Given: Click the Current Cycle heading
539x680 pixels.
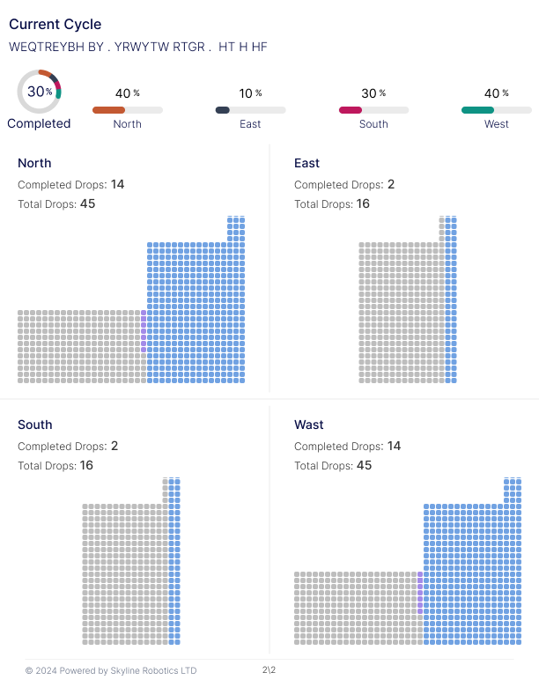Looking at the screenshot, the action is tap(55, 25).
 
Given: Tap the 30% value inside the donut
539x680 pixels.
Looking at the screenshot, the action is tap(40, 92).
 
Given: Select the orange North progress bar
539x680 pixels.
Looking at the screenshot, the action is tap(109, 110).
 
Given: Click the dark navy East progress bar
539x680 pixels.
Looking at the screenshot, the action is tap(223, 110).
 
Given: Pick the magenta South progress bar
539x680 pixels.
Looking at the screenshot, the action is tap(351, 110).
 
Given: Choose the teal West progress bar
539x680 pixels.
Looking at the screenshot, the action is tap(478, 110).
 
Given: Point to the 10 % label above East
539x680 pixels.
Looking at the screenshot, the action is tap(250, 93).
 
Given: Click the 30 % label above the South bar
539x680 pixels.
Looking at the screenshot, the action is tap(373, 93).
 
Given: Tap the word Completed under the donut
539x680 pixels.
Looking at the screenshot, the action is tap(39, 123).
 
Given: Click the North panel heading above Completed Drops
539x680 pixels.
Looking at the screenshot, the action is tap(34, 163).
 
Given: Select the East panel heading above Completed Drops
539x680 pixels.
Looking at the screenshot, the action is tap(306, 163).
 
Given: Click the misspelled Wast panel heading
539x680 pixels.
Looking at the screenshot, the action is tap(309, 425).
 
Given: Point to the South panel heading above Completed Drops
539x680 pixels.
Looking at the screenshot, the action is tap(35, 425).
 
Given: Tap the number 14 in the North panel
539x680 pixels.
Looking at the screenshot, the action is tap(117, 184).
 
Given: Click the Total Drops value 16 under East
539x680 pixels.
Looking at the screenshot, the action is tap(363, 203).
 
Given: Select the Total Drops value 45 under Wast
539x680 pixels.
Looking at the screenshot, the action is tap(365, 465).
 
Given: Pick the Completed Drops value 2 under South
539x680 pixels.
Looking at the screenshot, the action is tap(114, 446).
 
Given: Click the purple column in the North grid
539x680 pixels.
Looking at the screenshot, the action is tap(144, 331).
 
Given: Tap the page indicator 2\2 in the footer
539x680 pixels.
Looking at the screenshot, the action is tap(269, 670).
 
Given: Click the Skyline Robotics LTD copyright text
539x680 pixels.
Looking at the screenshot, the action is tap(111, 670).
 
